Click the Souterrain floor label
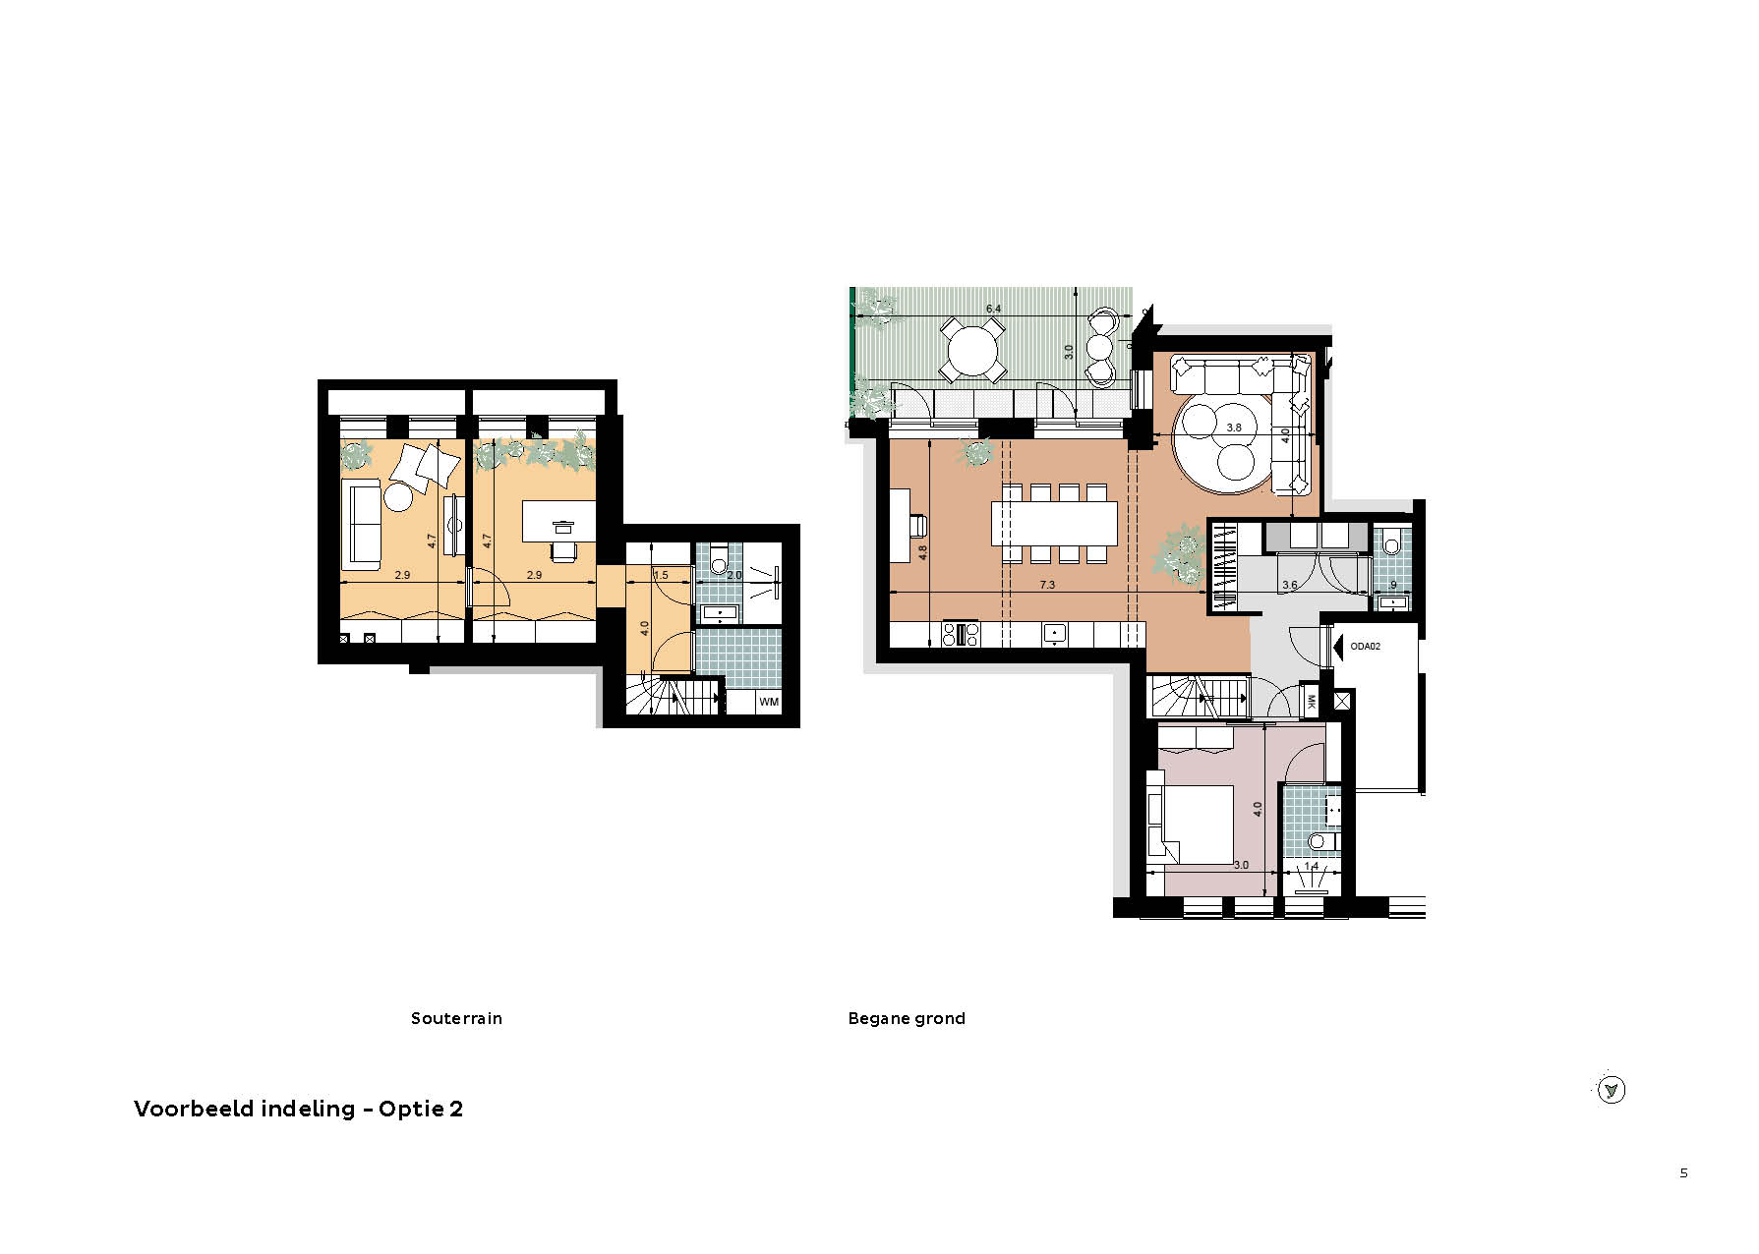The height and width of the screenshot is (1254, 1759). coord(456,1018)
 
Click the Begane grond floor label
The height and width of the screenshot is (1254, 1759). coord(907,1019)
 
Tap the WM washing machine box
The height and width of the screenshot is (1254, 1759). coord(769,702)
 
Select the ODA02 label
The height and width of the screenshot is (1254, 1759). coord(1366,647)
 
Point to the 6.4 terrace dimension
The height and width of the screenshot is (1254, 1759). coord(994,309)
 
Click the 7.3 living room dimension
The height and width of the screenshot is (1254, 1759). coord(1047,585)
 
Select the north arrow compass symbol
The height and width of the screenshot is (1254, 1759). coord(1611,1090)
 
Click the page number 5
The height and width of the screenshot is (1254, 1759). coord(1684,1172)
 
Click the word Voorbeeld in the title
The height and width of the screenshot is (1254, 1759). coord(195,1109)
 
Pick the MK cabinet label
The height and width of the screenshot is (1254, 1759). coord(1311,702)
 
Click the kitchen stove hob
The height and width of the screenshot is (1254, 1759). coord(961,635)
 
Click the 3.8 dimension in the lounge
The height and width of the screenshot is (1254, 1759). coord(1235,427)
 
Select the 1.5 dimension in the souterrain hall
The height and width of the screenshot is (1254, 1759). coord(661,575)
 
